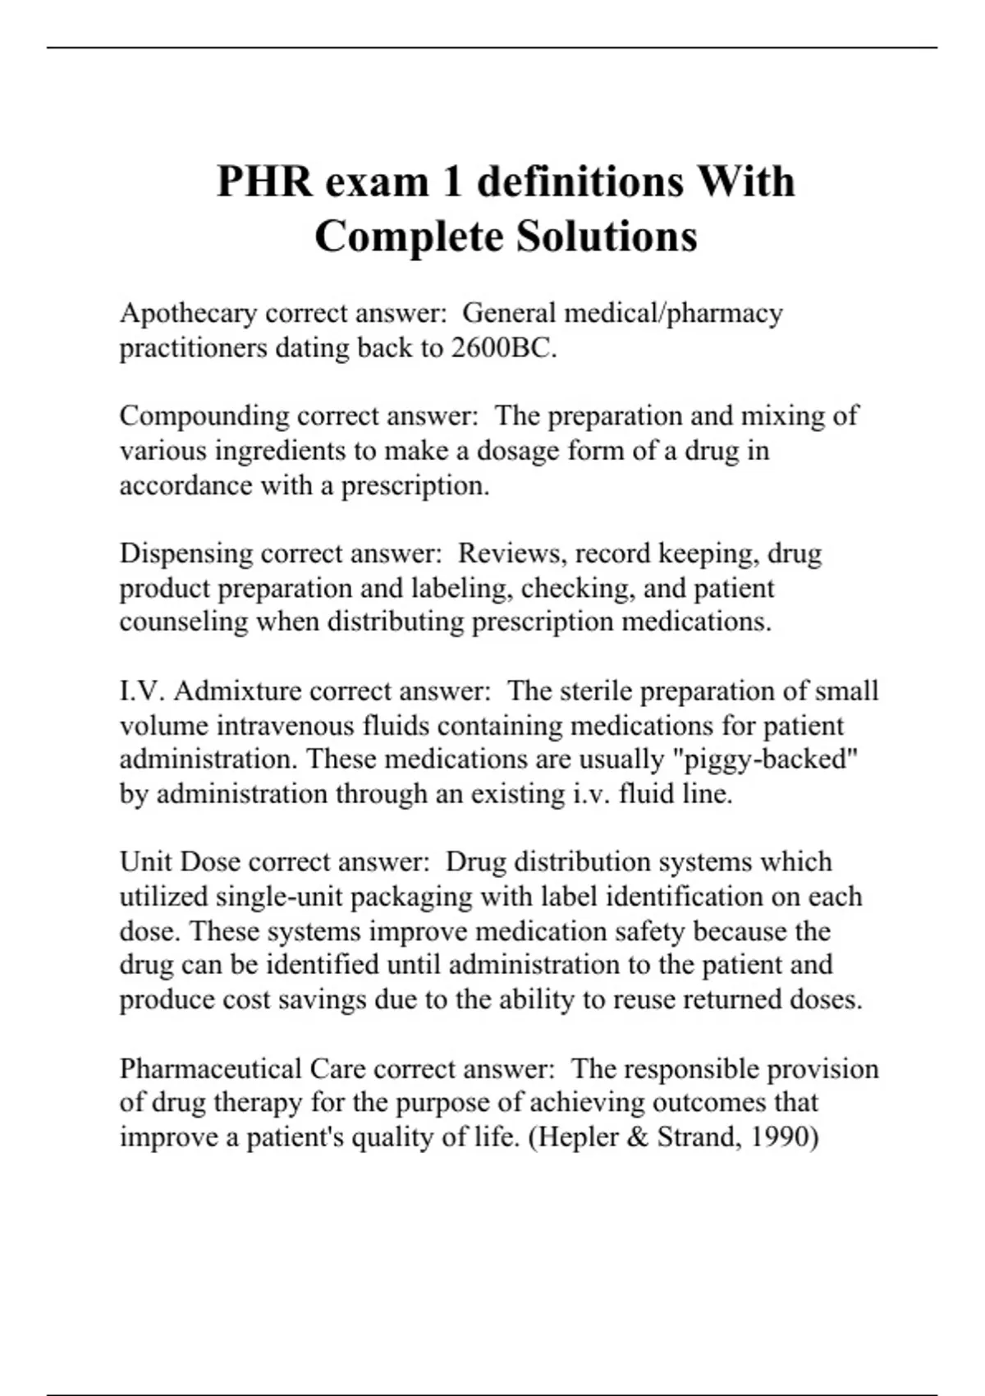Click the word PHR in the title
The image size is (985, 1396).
click(x=264, y=181)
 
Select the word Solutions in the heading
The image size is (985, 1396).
click(x=607, y=236)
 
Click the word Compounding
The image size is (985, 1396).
click(x=204, y=416)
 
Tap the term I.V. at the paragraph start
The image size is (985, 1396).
click(x=143, y=691)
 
